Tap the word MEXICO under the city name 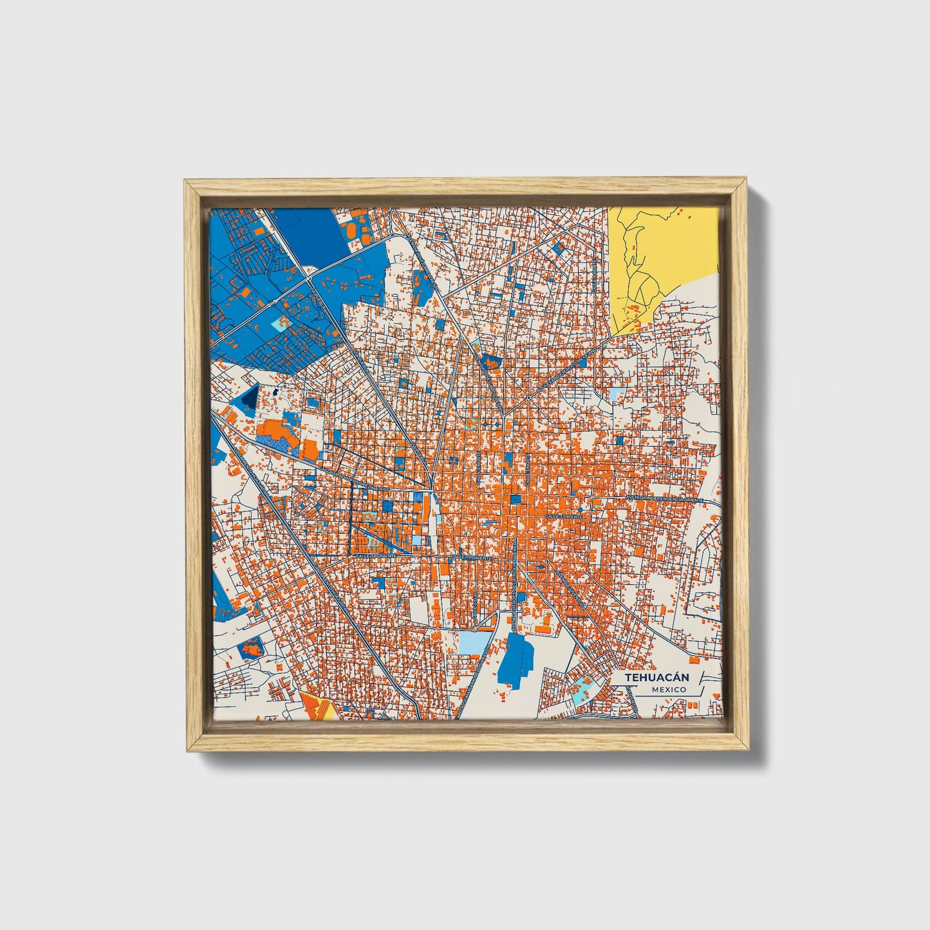click(x=669, y=689)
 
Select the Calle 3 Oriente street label click(x=563, y=516)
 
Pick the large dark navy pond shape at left click(x=248, y=398)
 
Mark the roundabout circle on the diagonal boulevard click(x=528, y=398)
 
